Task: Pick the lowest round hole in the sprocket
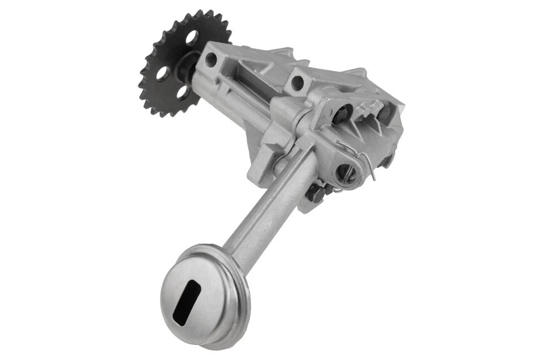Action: (184, 92)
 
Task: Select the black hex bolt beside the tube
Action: (315, 194)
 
